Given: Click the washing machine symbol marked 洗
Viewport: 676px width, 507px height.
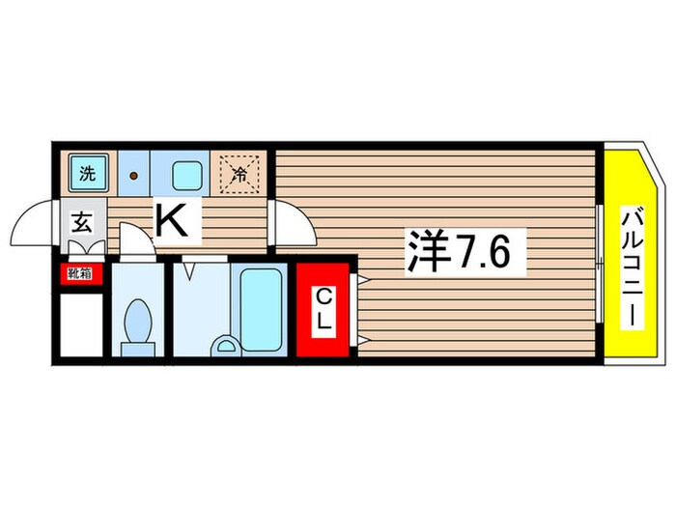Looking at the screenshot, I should point(87,176).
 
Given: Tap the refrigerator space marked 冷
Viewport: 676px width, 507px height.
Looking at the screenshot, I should point(239,176).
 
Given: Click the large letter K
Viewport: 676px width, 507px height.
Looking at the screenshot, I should point(172,223).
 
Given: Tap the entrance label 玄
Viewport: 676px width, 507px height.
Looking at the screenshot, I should point(81,225).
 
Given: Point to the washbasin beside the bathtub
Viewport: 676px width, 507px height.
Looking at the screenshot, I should point(224,345).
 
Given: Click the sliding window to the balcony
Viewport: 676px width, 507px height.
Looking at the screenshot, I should point(601,253).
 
